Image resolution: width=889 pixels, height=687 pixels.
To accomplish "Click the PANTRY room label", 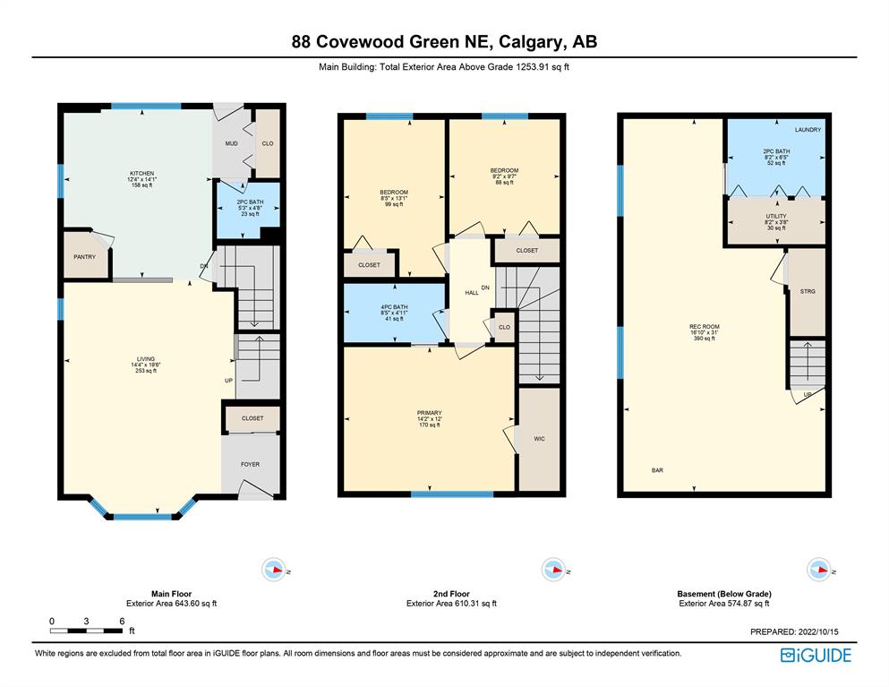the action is [x=84, y=257].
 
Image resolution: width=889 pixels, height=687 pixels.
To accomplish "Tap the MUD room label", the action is [x=231, y=143].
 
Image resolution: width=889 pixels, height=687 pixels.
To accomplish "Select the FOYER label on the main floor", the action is [x=250, y=464].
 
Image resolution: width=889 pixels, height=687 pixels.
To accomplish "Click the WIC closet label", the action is [x=539, y=439].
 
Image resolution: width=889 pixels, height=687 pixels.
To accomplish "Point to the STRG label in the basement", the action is [x=808, y=291].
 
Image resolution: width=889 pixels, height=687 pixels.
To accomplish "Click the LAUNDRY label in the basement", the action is [x=808, y=130].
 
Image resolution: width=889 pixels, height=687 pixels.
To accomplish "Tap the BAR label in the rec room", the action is [x=658, y=470].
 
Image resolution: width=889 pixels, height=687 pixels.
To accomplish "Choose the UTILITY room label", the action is [x=776, y=216].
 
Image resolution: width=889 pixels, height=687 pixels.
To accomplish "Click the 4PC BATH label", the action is [x=394, y=307].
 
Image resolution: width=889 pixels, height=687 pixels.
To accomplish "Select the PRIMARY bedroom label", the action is [x=429, y=413].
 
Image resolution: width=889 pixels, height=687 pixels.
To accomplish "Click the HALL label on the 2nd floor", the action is [x=472, y=293].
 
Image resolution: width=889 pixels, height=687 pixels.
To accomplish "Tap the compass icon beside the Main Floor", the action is [x=274, y=569].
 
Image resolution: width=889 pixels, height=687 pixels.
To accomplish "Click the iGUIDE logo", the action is [x=816, y=656].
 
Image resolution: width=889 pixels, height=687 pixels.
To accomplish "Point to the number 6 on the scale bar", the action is [x=122, y=622].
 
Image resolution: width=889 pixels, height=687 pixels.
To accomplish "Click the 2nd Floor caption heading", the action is [x=451, y=593].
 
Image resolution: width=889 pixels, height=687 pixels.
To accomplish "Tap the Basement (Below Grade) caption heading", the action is [x=724, y=593].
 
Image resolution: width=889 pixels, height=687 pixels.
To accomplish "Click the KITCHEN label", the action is [x=141, y=173].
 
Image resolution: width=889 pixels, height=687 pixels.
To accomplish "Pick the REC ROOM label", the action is [x=705, y=327].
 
